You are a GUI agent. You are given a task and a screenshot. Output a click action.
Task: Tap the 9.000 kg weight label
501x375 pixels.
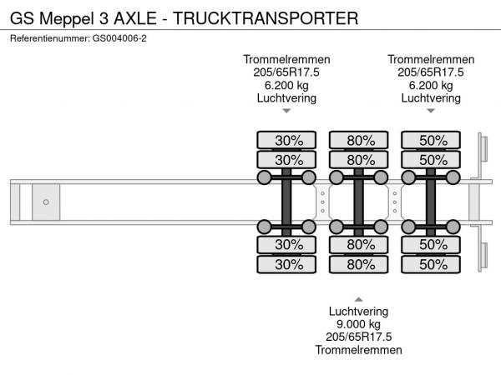[x=358, y=323]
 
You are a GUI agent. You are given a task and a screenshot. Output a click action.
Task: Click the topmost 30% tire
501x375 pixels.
[x=286, y=139]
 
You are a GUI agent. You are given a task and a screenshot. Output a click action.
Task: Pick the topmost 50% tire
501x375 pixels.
[x=431, y=139]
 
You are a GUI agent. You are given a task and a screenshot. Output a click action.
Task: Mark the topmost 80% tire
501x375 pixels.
[x=358, y=139]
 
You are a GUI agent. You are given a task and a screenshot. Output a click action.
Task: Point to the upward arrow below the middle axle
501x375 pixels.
[x=358, y=297]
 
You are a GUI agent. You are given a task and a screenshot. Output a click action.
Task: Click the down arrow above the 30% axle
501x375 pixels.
[x=286, y=111]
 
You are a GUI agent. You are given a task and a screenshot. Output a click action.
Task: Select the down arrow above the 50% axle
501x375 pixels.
[x=431, y=111]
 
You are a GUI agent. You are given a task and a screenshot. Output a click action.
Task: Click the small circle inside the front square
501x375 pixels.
[x=46, y=202]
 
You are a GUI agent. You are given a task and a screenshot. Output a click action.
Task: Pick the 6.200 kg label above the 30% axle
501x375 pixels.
[x=286, y=85]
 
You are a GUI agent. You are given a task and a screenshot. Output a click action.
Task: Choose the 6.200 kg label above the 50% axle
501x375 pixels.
[x=431, y=85]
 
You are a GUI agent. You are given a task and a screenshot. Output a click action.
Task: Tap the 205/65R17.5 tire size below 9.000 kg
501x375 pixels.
[x=358, y=337]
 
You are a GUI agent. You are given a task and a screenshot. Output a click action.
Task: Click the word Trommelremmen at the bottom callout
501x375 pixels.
[x=358, y=350]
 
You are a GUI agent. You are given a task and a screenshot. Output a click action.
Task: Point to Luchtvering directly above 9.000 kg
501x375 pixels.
[x=358, y=311]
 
